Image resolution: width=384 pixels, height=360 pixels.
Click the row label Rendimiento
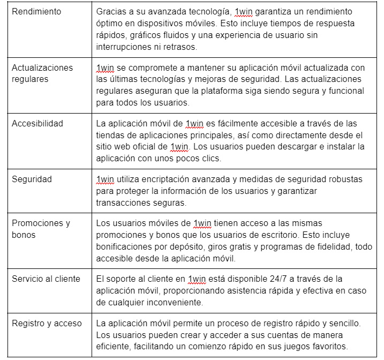36,11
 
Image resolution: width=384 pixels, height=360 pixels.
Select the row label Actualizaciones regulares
42,73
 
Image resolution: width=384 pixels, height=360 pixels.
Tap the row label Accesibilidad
37,123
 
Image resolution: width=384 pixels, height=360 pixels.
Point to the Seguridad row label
32,179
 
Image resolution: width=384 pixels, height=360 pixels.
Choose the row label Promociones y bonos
41,229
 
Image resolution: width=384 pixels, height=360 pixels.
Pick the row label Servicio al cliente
46,279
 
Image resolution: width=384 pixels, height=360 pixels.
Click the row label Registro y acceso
47,323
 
